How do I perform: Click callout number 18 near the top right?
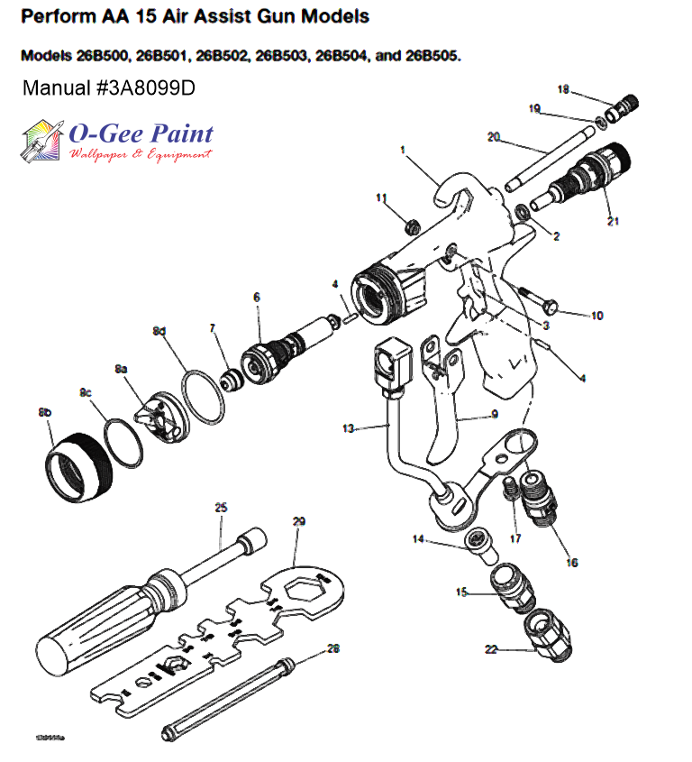point(563,89)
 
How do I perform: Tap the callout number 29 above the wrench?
point(299,522)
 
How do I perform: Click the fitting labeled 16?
point(540,496)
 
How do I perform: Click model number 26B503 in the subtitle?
point(279,56)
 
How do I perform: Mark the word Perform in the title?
point(56,17)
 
